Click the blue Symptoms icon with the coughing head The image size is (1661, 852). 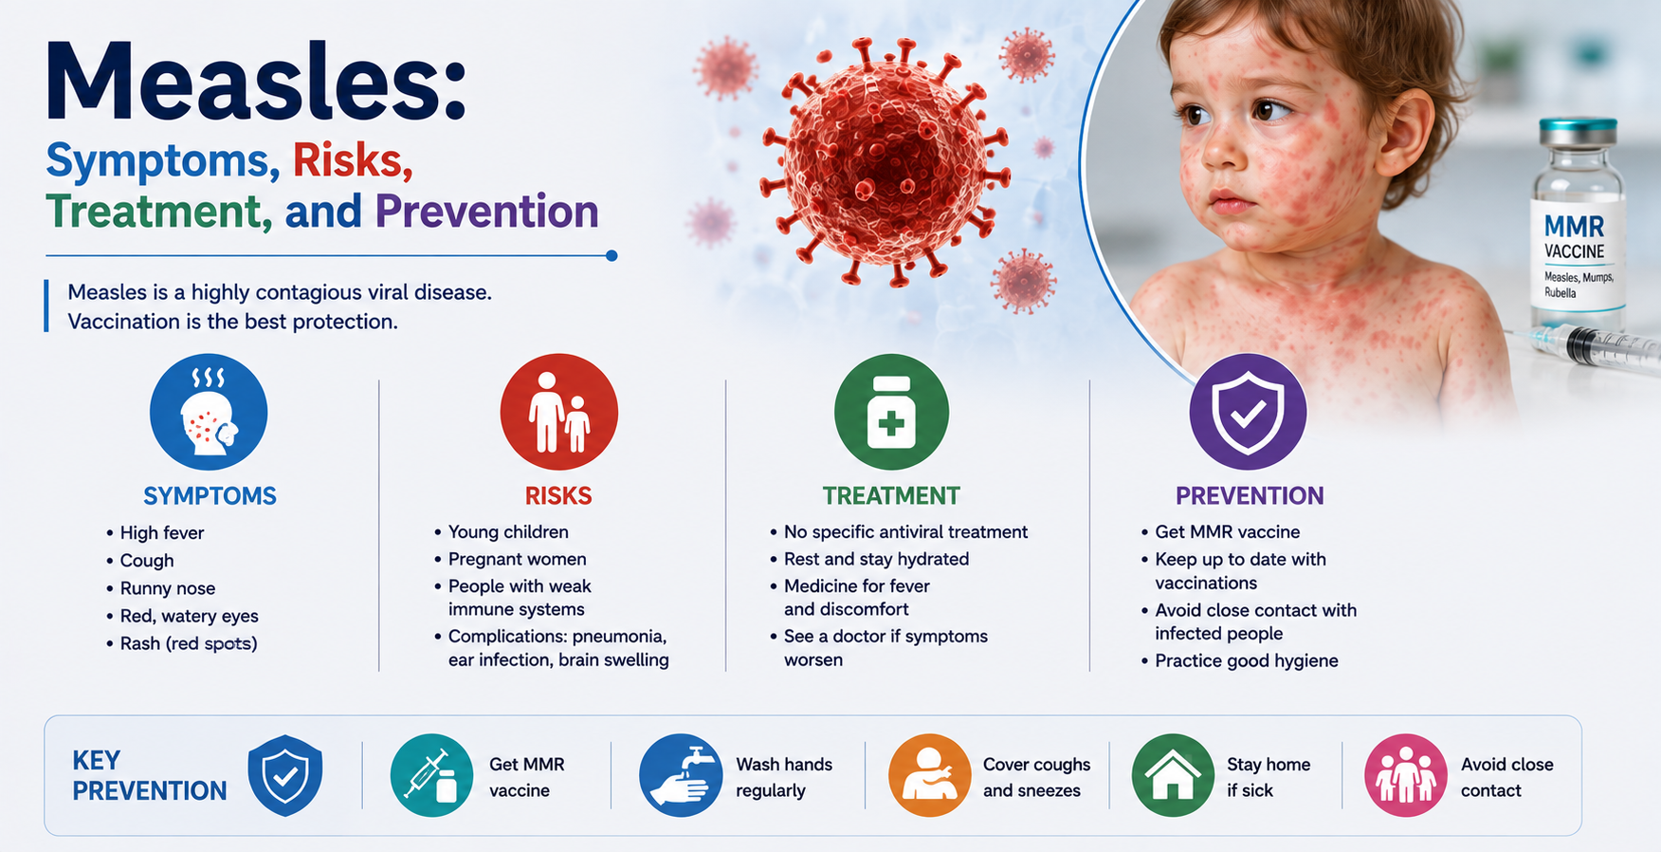209,412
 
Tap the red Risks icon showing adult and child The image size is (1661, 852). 559,412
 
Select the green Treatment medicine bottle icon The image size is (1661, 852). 891,412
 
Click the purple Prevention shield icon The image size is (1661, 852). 1249,412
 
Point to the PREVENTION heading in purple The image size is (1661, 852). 1250,495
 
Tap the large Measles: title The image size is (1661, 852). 256,83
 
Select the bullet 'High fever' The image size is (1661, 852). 162,533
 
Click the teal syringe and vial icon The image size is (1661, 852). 431,775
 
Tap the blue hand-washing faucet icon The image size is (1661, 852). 681,775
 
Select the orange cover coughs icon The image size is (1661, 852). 929,775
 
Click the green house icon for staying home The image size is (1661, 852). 1174,775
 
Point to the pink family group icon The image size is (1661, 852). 1406,775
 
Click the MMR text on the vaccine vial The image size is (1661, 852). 1574,227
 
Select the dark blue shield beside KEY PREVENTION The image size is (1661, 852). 285,775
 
